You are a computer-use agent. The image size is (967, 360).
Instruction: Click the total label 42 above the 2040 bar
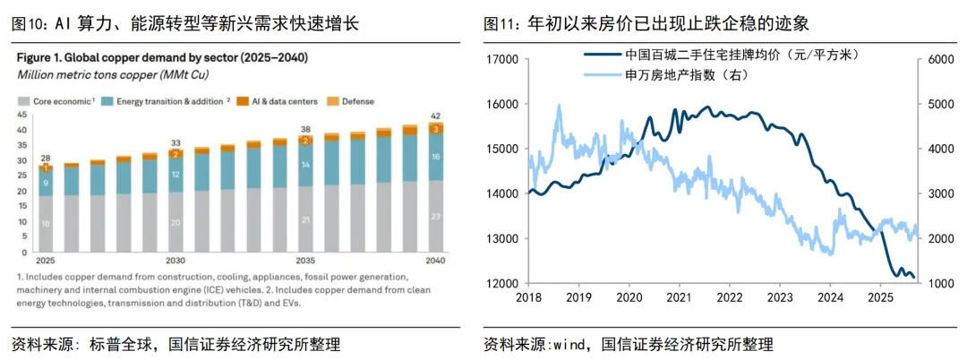coord(435,116)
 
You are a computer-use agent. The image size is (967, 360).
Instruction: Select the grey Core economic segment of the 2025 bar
coord(46,224)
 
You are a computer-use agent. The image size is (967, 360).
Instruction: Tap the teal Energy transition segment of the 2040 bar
coord(435,157)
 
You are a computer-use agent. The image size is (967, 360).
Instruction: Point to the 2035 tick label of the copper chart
coord(304,260)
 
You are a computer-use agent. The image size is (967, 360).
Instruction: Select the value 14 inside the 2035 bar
coord(305,165)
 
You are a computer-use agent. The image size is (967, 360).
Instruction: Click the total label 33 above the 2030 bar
coord(175,144)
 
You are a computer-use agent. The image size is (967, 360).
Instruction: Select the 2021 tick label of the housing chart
coord(679,297)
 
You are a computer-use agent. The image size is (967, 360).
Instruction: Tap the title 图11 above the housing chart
coord(501,24)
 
